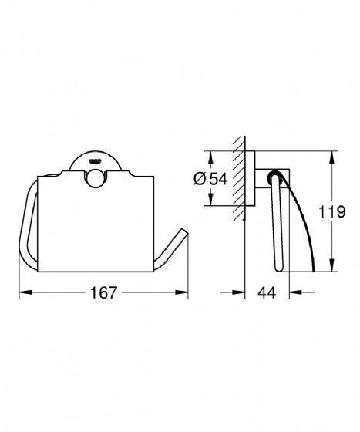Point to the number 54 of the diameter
(219, 178)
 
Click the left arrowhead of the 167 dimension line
(21, 293)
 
